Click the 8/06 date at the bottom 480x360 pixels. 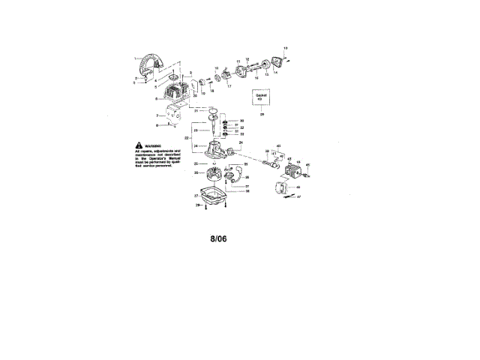[218, 239]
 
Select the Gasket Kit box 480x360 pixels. [262, 97]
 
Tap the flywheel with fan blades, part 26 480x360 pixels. [213, 177]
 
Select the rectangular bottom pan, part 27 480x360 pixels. [214, 196]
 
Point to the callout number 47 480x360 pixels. [298, 196]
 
